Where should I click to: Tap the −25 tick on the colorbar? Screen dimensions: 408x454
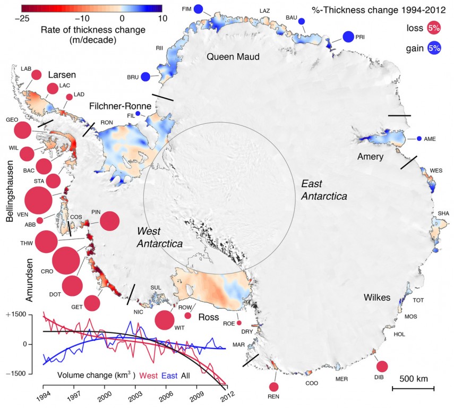pos(22,18)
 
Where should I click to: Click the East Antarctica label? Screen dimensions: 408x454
pos(324,190)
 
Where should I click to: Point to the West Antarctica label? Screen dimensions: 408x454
pos(160,237)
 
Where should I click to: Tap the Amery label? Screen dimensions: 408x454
pos(370,157)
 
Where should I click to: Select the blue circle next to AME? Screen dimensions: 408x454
pos(419,139)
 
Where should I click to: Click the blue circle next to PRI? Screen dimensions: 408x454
pos(348,37)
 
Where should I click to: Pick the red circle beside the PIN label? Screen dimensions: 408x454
pos(110,220)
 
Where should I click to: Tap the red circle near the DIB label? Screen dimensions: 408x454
pos(381,367)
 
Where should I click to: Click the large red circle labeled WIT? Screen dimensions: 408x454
pos(164,320)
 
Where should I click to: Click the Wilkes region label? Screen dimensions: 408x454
pos(378,297)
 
